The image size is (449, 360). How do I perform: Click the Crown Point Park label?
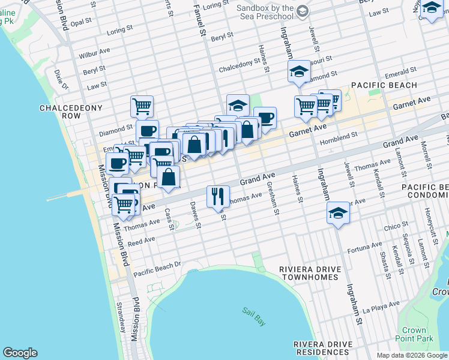point(414,334)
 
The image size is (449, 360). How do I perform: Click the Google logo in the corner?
point(20,353)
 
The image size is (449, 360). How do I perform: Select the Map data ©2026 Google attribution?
point(411,355)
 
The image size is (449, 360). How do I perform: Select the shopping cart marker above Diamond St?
point(142,106)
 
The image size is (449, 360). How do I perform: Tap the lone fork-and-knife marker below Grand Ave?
point(217,195)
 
